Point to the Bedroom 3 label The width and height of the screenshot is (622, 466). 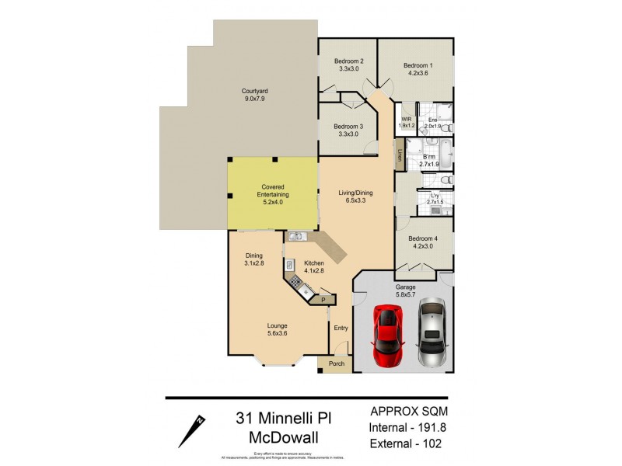(x=348, y=130)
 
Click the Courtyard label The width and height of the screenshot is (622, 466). (x=254, y=95)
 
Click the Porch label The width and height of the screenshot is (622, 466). (x=337, y=363)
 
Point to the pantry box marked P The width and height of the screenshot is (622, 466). (x=323, y=297)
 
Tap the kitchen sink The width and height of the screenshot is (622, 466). (x=296, y=236)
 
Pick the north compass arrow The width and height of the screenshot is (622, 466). (x=192, y=429)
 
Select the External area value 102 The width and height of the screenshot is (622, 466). (x=426, y=445)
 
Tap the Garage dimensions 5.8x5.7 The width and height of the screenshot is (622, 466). (x=404, y=294)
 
